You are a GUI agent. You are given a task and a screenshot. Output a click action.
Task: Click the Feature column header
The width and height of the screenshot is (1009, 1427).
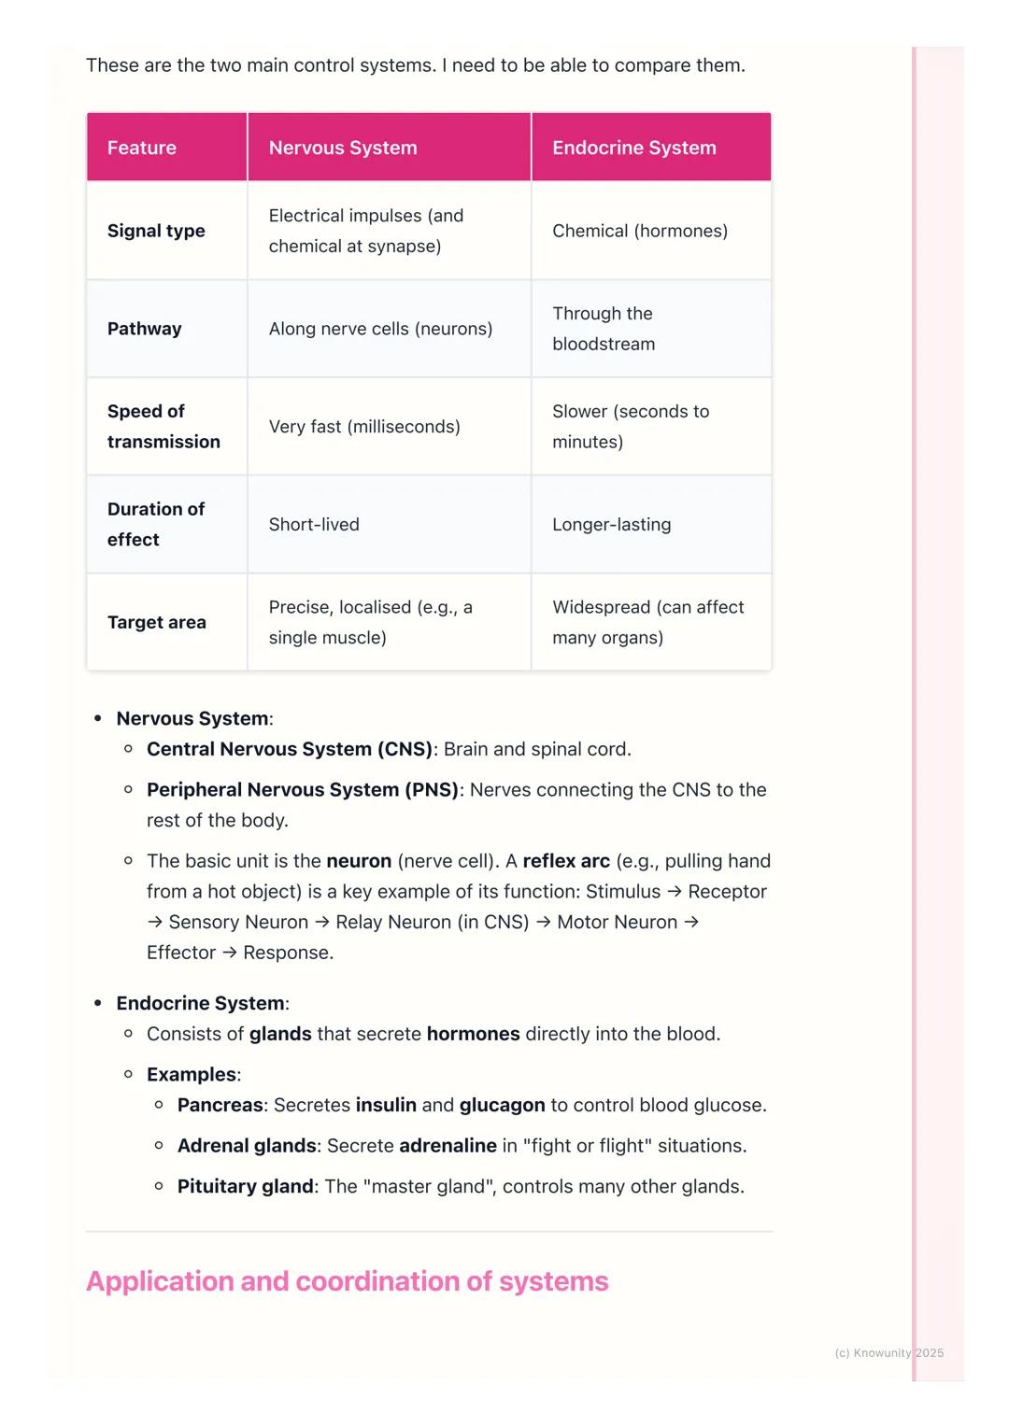(142, 148)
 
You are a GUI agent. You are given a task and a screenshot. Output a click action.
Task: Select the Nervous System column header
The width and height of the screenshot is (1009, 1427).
(343, 148)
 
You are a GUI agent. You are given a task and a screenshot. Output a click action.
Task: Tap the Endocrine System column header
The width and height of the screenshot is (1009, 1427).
(634, 148)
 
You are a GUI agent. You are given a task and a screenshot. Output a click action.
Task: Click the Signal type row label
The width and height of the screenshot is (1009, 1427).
(156, 231)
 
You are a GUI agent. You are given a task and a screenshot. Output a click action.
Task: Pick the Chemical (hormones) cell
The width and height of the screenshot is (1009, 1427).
(640, 231)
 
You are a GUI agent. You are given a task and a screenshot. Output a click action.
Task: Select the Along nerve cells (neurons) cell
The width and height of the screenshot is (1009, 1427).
(380, 329)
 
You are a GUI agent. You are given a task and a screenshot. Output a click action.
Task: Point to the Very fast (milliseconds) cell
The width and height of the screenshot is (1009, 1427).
(364, 427)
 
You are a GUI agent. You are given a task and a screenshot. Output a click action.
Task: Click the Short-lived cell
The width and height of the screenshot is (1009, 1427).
(314, 525)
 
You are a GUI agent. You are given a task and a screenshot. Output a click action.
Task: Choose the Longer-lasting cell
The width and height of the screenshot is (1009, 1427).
(612, 525)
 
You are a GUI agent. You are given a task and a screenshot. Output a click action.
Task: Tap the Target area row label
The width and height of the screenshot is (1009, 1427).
(157, 622)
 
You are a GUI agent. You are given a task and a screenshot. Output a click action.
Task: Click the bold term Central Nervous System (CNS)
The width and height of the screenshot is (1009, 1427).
(290, 749)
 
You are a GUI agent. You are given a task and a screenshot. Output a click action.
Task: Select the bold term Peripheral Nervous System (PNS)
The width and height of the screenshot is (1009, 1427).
(303, 790)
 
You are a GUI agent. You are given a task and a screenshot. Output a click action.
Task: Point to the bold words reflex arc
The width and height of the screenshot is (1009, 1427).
(566, 861)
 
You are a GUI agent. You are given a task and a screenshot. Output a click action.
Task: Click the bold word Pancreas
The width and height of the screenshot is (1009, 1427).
(220, 1106)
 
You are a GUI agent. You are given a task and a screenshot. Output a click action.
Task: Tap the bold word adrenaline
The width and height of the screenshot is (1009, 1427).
(448, 1146)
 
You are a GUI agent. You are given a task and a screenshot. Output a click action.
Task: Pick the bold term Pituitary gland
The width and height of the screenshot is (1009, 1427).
(246, 1187)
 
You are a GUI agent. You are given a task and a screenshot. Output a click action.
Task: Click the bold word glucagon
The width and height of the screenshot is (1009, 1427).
(502, 1106)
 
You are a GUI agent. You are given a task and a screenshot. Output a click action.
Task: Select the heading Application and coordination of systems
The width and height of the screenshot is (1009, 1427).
(348, 1281)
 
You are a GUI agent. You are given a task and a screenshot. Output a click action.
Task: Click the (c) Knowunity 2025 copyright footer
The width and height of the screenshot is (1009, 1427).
(889, 1353)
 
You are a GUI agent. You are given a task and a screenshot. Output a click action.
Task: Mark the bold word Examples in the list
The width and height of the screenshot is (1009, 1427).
(192, 1075)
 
